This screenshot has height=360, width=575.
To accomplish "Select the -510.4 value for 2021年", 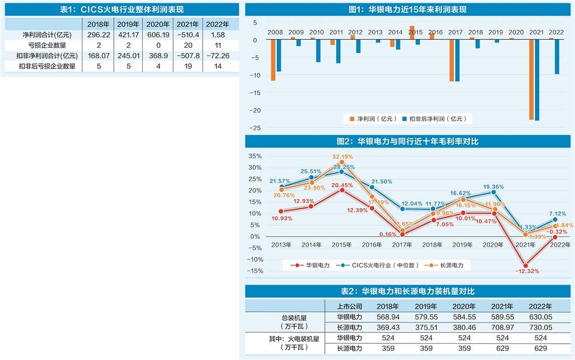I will coord(187,35).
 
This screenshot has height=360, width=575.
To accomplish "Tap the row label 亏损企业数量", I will coord(43,45).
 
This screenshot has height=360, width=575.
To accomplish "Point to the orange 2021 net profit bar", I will coord(532,79).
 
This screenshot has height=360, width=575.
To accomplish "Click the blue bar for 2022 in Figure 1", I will coord(557,56).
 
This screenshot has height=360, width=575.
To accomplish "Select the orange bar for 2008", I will coord(273,59).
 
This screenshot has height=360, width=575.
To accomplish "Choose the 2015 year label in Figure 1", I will coord(412,32).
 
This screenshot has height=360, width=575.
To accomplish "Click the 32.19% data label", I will coord(342,156).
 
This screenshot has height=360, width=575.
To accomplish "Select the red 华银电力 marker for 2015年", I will coord(342,190).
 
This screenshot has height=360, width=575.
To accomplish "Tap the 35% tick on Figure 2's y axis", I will coord(255,156).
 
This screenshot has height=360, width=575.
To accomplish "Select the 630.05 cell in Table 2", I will coord(540,316).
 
